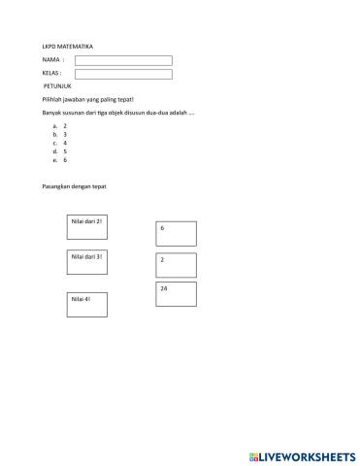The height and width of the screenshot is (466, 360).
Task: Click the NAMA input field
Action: point(123,60)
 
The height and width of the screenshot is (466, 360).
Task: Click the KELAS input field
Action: point(123,74)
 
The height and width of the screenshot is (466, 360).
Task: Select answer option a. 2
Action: point(60,126)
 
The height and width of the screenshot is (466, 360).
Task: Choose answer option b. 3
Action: point(60,134)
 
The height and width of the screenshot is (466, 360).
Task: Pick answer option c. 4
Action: point(60,143)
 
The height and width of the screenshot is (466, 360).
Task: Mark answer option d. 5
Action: point(60,151)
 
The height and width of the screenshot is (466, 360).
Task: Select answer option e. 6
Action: point(60,159)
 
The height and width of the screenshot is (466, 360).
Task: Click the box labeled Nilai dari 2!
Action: point(86,229)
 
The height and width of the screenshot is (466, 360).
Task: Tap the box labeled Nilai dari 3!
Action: point(86,263)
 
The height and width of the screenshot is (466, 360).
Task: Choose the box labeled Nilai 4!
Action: point(86,305)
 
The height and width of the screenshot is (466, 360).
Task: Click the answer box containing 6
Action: point(176,233)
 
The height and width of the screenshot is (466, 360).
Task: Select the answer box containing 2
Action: point(176,265)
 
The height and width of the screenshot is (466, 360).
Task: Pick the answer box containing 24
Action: point(176,294)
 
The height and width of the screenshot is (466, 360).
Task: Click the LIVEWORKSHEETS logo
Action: point(302,454)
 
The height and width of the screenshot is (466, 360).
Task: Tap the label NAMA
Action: point(52,60)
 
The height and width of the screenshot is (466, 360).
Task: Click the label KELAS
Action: point(52,74)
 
